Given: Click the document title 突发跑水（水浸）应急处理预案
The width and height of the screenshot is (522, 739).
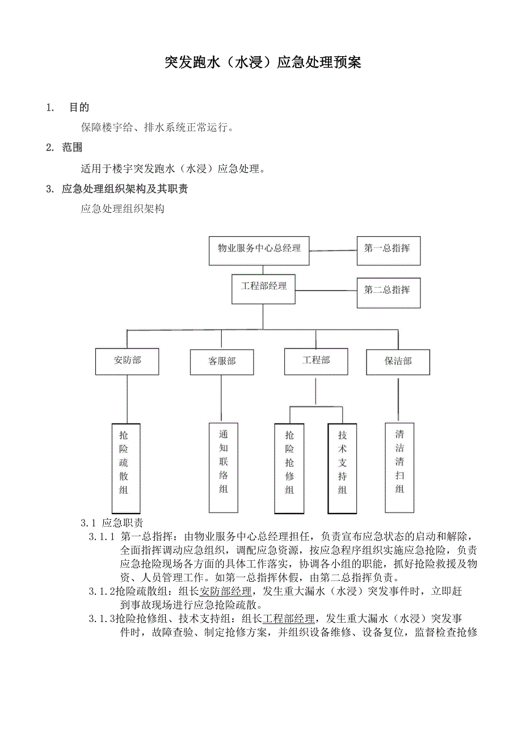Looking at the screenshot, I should (262, 62).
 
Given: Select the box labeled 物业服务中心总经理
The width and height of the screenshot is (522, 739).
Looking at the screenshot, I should (259, 250).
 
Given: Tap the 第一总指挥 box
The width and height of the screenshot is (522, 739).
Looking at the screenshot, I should (388, 250).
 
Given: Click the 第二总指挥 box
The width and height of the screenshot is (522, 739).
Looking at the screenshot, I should (388, 292).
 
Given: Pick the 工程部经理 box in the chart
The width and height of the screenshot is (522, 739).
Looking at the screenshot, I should (263, 288).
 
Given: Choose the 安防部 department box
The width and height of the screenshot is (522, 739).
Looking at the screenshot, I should (127, 361).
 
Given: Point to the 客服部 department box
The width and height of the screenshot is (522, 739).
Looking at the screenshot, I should (221, 362).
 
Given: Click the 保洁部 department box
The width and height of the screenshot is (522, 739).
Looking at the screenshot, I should (398, 362).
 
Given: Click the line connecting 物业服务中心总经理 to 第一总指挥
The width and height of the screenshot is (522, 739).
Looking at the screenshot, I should (332, 250).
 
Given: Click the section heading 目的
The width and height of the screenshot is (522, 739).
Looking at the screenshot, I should (79, 107).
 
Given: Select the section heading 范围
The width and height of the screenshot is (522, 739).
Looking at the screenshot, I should (72, 148).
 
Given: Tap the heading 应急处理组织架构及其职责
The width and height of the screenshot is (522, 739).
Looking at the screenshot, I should (125, 189).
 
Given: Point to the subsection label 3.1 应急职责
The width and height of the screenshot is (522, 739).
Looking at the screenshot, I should (112, 523).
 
